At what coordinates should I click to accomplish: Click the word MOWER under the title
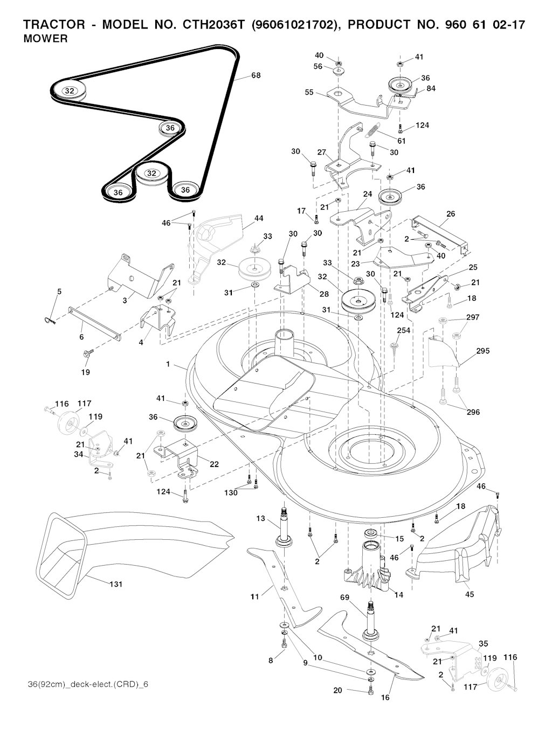click(45, 39)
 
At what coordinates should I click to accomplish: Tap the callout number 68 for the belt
click(256, 75)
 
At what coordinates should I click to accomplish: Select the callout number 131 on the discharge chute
click(116, 584)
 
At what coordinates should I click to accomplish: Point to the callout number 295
click(483, 351)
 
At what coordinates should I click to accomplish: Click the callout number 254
click(404, 330)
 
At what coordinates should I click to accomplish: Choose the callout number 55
click(309, 92)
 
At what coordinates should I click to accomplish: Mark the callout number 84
click(431, 88)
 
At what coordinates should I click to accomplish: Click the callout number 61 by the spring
click(402, 141)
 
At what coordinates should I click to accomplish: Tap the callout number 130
click(230, 492)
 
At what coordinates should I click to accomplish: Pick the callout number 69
click(346, 597)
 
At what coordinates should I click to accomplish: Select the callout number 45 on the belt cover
click(470, 594)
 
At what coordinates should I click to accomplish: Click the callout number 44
click(259, 218)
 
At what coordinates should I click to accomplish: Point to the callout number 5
click(59, 291)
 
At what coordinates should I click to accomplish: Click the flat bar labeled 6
click(95, 323)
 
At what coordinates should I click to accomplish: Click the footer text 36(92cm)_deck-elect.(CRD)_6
click(88, 684)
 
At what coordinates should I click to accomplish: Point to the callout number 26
click(451, 214)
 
